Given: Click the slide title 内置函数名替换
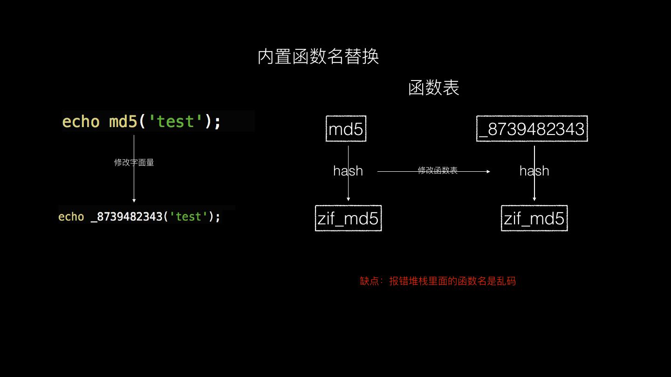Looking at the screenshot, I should click(318, 57).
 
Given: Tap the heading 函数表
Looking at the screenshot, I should click(433, 88).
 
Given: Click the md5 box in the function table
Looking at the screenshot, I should click(346, 129).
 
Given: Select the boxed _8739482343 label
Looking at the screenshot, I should click(532, 129).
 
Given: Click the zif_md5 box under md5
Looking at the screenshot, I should click(348, 218).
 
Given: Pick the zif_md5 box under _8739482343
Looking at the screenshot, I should click(534, 218).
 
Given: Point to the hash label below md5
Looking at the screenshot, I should click(348, 171).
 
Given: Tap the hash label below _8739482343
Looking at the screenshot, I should click(534, 171).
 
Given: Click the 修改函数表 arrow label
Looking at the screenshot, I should click(438, 170).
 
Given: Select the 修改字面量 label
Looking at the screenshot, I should click(134, 162).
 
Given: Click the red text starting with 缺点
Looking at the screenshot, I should click(438, 281).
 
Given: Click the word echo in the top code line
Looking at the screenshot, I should click(81, 121).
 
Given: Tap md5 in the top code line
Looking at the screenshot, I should click(123, 121).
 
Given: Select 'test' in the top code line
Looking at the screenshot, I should click(176, 121).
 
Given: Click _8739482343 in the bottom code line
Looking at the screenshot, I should click(126, 217).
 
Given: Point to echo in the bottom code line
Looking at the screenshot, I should click(71, 217).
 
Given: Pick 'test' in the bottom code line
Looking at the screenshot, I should click(188, 217).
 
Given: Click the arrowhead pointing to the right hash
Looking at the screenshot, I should click(488, 171).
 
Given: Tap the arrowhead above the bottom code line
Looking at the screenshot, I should click(134, 200).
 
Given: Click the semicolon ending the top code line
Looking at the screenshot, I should click(217, 122).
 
